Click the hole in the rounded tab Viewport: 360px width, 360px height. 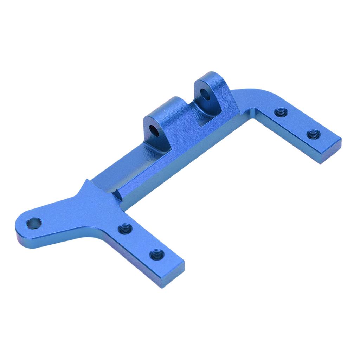pyautogui.click(x=34, y=223)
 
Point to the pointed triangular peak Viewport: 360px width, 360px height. pyautogui.click(x=86, y=181)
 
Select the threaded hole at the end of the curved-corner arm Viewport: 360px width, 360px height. pyautogui.click(x=313, y=134)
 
